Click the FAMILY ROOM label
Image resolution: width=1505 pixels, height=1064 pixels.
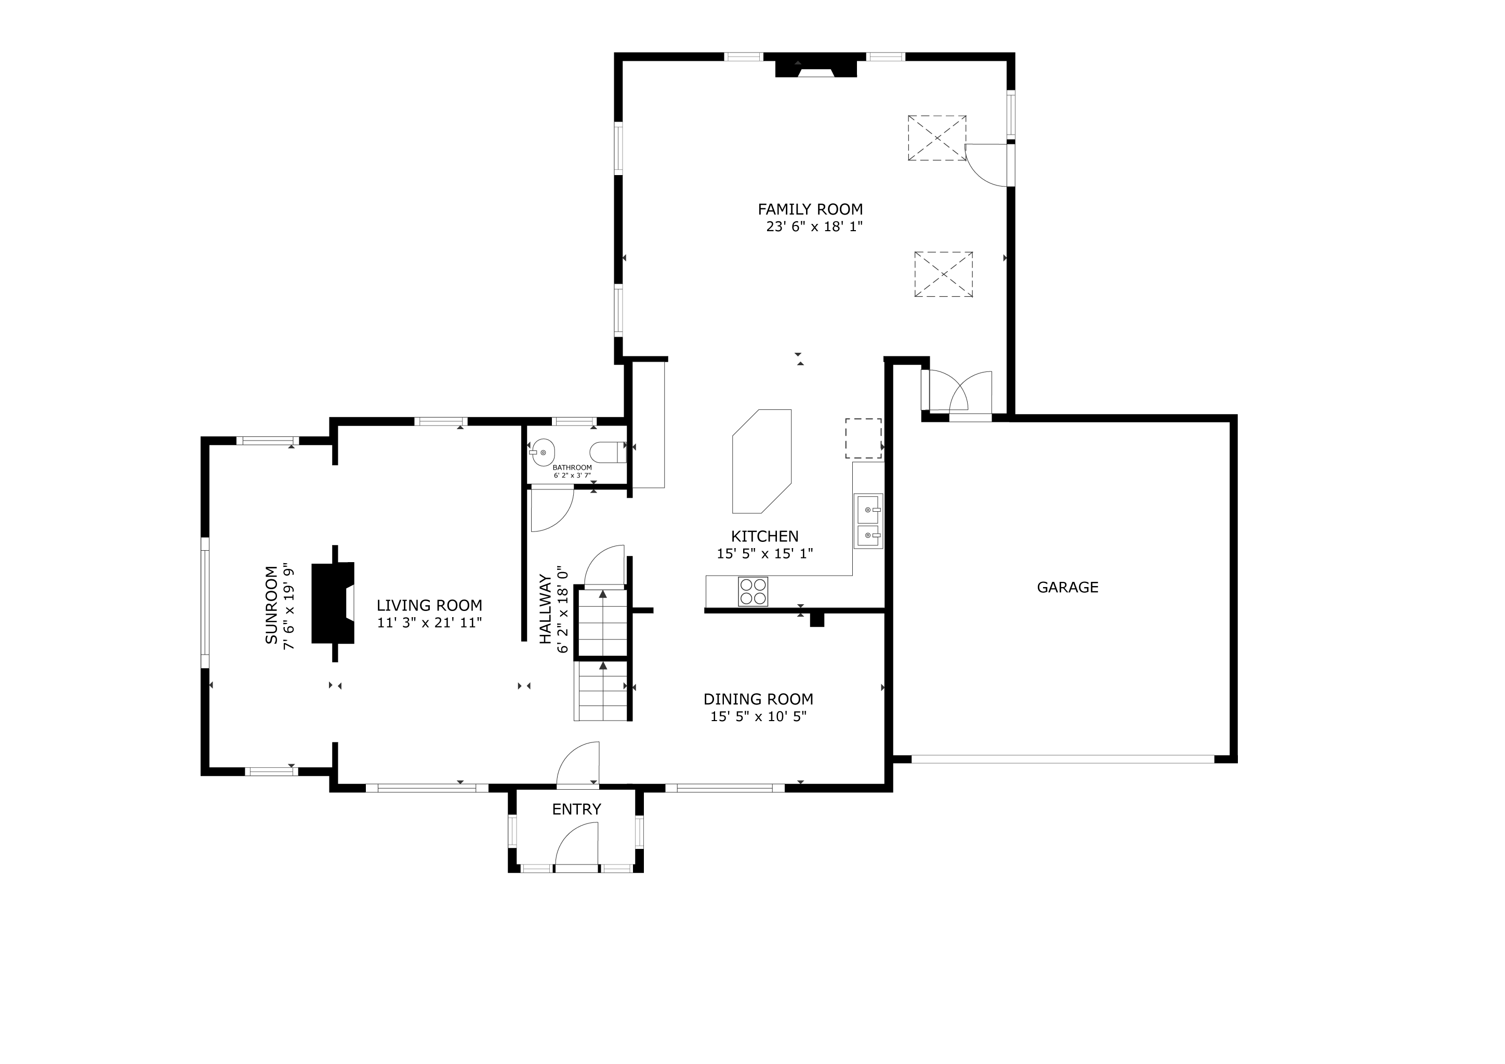coord(810,210)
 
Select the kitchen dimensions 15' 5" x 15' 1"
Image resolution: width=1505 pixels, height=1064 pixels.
coord(764,554)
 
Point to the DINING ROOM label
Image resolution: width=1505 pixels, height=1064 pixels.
coord(758,700)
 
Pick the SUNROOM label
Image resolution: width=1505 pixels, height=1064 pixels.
coord(271,605)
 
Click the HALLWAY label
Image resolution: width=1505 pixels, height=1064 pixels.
coord(545,609)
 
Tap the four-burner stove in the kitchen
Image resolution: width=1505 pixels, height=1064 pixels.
coord(752,591)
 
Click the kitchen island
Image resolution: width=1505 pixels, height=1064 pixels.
coord(762,461)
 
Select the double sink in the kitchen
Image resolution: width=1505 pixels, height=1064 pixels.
coord(868,521)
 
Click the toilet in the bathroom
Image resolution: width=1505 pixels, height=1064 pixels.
coord(608,453)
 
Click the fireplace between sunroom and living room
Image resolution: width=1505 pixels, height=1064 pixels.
coord(334,603)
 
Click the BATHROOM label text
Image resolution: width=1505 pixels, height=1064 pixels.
coord(572,468)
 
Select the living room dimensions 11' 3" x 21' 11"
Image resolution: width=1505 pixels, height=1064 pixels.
coord(429,623)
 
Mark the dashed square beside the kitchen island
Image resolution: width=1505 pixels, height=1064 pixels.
coord(863,438)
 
